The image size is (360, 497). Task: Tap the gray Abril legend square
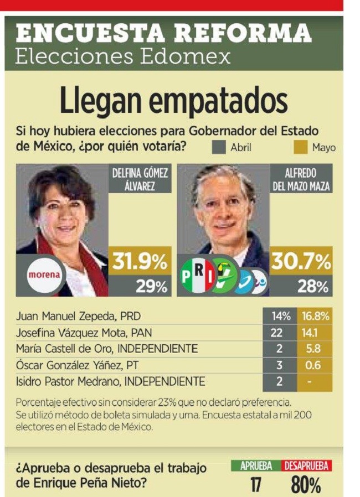coord(219,147)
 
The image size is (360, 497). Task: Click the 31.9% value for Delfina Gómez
coord(139,262)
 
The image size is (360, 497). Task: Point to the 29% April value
coord(151,287)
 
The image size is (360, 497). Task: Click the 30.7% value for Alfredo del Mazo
coord(302,262)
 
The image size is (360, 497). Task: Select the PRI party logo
coord(198,276)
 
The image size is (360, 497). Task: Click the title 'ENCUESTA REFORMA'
coord(164,34)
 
